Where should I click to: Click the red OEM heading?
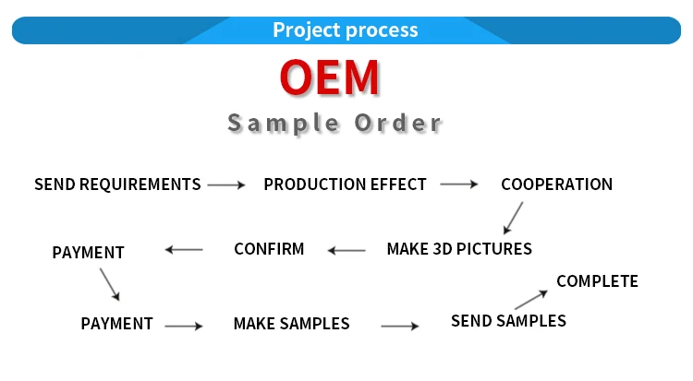pyautogui.click(x=330, y=78)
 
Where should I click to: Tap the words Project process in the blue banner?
pyautogui.click(x=346, y=30)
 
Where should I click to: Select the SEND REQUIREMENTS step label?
pyautogui.click(x=117, y=185)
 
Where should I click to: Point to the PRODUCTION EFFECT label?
pyautogui.click(x=345, y=185)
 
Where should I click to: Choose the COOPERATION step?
pyautogui.click(x=556, y=185)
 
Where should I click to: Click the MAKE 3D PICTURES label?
pyautogui.click(x=459, y=249)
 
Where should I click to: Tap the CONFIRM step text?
pyautogui.click(x=269, y=249)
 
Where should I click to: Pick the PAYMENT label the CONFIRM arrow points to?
pyautogui.click(x=88, y=253)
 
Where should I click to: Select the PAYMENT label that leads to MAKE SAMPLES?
pyautogui.click(x=116, y=324)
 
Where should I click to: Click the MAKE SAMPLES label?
pyautogui.click(x=291, y=324)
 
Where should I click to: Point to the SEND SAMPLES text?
pyautogui.click(x=508, y=321)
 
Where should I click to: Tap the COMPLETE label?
pyautogui.click(x=597, y=281)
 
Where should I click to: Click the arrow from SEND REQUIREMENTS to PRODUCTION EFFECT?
pyautogui.click(x=226, y=185)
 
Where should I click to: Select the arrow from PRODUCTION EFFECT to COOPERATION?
pyautogui.click(x=459, y=185)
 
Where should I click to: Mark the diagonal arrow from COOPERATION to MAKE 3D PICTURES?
pyautogui.click(x=513, y=218)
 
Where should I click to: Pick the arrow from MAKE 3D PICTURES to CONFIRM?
pyautogui.click(x=348, y=250)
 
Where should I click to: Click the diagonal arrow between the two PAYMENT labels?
pyautogui.click(x=110, y=283)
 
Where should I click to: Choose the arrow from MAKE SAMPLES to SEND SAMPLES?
pyautogui.click(x=399, y=326)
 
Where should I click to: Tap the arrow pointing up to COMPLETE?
pyautogui.click(x=531, y=298)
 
